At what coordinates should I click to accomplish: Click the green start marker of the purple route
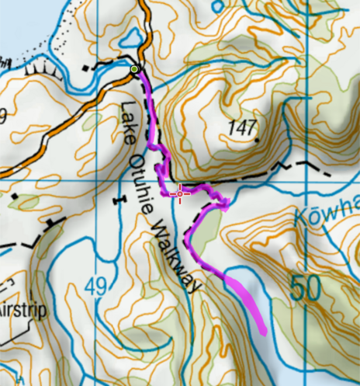pyautogui.click(x=135, y=70)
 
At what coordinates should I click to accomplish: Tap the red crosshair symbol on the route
pyautogui.click(x=181, y=193)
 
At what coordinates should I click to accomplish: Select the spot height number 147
pyautogui.click(x=243, y=128)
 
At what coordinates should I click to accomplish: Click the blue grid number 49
pyautogui.click(x=96, y=287)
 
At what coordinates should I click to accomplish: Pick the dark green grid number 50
pyautogui.click(x=306, y=288)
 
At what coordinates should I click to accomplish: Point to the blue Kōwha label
pyautogui.click(x=327, y=210)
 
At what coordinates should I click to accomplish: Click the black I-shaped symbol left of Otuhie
pyautogui.click(x=118, y=201)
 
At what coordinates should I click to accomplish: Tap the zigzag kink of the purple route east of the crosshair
pyautogui.click(x=224, y=205)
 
